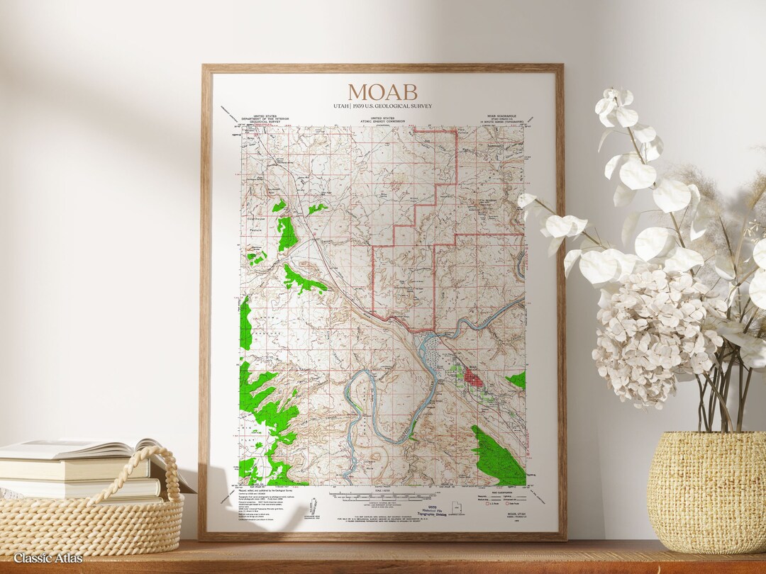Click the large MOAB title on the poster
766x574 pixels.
383,92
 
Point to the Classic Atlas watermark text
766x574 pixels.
48,558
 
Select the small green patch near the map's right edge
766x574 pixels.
518,380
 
